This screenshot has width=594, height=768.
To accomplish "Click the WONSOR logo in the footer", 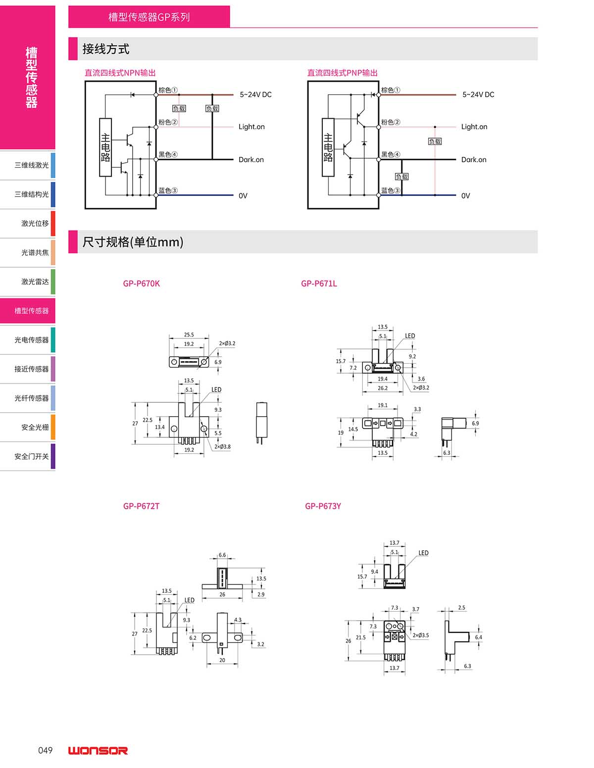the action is pos(98,751).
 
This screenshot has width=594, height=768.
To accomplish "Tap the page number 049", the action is pos(45,750).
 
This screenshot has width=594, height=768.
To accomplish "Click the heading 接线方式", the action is pos(106,49).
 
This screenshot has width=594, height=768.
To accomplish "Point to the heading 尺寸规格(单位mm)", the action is pos(133,242).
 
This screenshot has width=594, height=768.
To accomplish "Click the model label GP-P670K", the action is pos(142,284).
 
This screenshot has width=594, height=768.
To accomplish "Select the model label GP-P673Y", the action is pos(323,506).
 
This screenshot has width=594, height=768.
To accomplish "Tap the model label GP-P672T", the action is pos(142,506).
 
